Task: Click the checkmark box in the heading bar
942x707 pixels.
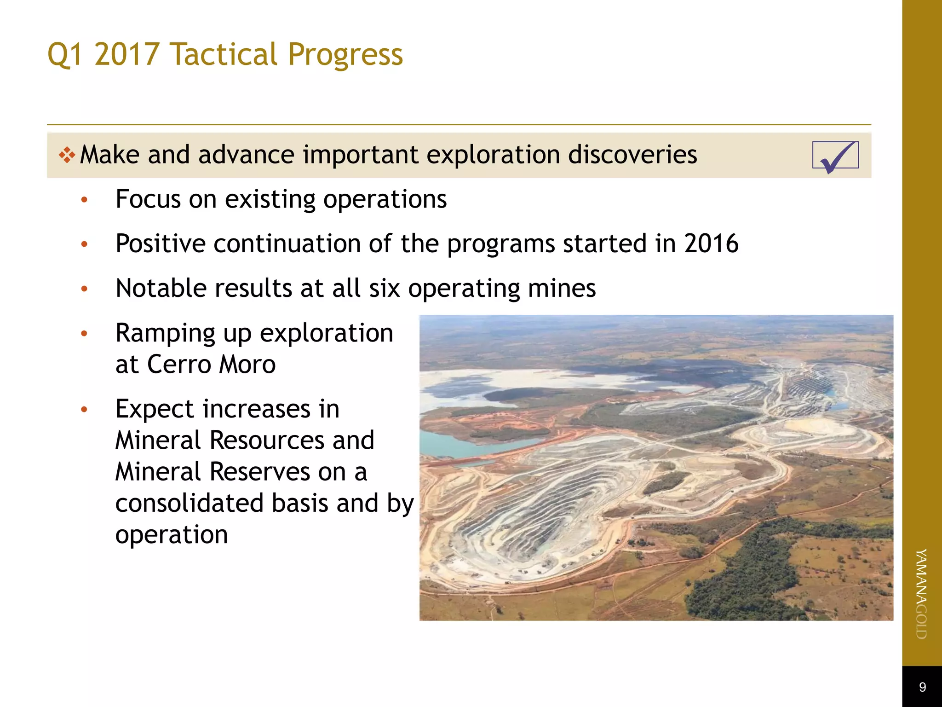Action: point(835,156)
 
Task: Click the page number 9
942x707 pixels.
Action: point(922,687)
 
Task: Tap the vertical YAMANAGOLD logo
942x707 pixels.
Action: point(921,594)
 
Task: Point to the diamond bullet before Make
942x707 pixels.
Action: point(67,155)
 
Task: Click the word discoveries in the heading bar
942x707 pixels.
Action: point(632,155)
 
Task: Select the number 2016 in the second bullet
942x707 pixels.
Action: point(711,243)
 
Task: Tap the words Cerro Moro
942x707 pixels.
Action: point(211,365)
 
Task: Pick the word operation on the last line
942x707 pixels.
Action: point(172,535)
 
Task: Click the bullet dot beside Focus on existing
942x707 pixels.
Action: point(84,200)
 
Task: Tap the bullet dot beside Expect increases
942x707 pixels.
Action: point(84,409)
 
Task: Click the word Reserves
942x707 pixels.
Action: point(259,472)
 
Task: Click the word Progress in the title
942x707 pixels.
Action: point(345,55)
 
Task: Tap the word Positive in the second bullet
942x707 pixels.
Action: point(161,243)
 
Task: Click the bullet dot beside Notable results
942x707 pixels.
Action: point(84,289)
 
